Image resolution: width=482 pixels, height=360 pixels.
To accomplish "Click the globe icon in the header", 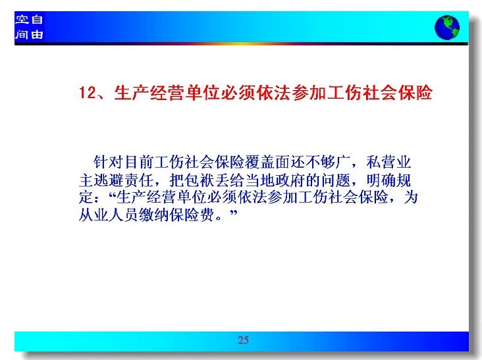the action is click(x=447, y=28).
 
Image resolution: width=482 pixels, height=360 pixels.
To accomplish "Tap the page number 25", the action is click(x=243, y=340).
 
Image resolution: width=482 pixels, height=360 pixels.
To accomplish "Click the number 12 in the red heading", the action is click(x=88, y=92).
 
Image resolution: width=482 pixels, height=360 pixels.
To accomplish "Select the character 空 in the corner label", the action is click(x=22, y=20).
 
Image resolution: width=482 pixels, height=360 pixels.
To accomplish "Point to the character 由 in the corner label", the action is click(x=37, y=34).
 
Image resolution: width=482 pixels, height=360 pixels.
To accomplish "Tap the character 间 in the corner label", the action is click(x=22, y=34).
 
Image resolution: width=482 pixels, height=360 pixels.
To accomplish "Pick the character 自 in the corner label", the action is click(x=37, y=20).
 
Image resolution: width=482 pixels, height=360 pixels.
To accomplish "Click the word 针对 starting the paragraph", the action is click(x=109, y=162).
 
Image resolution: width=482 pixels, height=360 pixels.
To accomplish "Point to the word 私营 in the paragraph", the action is click(x=381, y=162).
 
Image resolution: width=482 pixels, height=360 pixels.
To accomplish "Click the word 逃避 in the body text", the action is click(x=109, y=180).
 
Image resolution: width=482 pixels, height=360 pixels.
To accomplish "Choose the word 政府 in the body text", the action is click(x=290, y=180).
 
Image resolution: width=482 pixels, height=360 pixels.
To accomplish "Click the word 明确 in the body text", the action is click(x=381, y=180).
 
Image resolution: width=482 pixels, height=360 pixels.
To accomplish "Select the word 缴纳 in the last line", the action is click(x=154, y=215).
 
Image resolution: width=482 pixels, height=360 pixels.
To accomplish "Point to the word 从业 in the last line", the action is click(x=94, y=215).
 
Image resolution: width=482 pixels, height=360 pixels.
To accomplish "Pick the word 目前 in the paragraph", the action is click(x=139, y=162).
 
